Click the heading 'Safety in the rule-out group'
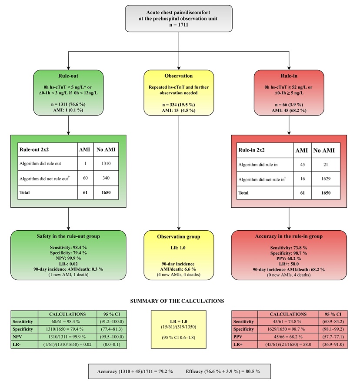click(68, 236)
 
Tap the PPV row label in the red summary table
click(238, 337)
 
